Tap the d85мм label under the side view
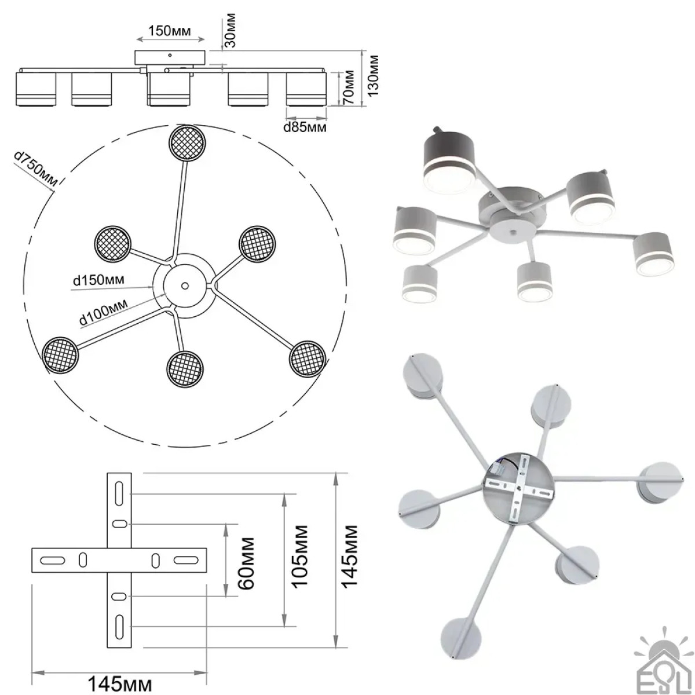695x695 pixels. (x=305, y=127)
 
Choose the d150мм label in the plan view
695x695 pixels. (x=98, y=280)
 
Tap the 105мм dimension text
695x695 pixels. (x=300, y=556)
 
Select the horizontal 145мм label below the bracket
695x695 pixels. (x=119, y=683)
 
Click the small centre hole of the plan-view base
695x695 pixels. (x=184, y=285)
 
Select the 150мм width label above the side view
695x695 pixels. (x=171, y=30)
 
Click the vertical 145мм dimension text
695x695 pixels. (x=351, y=556)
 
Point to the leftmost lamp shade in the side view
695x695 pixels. (x=36, y=90)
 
